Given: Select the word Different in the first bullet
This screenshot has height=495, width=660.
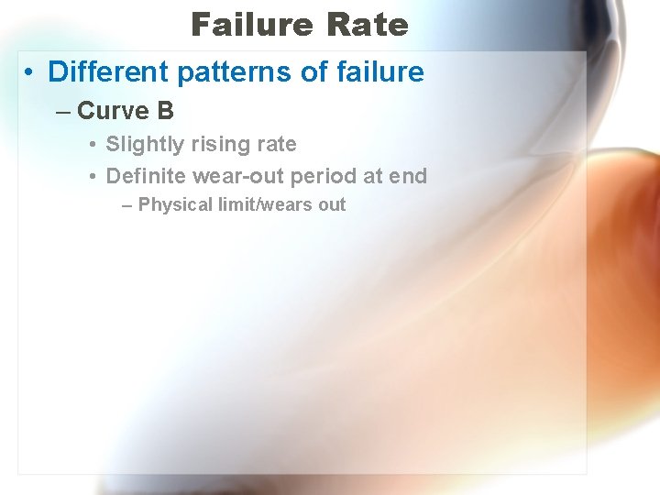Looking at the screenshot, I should point(103,71).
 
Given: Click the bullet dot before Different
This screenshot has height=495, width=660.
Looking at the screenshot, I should point(30,72).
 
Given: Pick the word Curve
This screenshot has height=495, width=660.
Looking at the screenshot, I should point(113,111).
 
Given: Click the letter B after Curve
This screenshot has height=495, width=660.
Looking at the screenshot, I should point(165,111).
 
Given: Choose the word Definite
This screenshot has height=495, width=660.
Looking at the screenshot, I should point(146,175).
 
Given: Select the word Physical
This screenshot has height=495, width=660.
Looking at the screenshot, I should point(175,205).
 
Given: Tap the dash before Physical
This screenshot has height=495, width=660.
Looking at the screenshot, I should point(127,205).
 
